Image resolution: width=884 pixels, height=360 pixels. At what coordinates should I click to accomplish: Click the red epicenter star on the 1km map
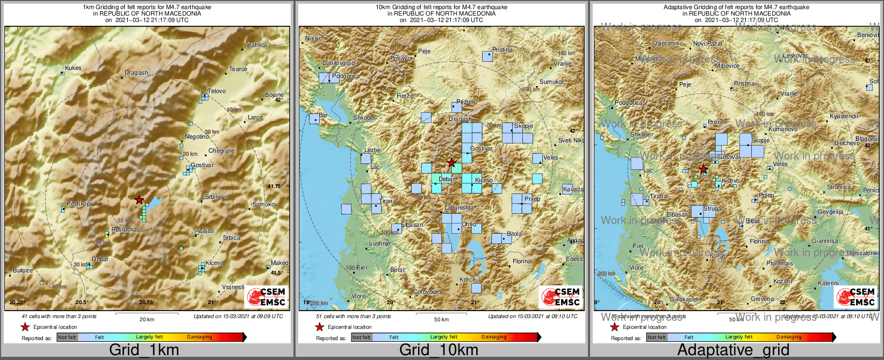point(139,200)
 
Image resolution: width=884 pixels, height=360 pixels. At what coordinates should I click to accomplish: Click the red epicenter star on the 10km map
point(452,162)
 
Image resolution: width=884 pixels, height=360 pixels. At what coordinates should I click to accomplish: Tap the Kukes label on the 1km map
point(73,68)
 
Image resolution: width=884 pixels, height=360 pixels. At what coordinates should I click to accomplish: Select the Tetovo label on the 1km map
point(217,91)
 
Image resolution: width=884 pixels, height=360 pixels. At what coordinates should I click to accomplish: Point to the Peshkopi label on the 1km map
point(79,204)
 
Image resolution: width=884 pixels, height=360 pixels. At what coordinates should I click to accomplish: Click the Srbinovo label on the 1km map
point(217,197)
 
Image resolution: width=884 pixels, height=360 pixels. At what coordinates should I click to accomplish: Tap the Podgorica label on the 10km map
point(346,76)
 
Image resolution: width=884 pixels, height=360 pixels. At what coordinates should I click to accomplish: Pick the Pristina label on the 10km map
point(502,50)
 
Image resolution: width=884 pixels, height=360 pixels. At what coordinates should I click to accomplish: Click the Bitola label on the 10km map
point(514,234)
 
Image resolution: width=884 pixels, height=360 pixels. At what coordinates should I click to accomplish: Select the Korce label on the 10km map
point(468,280)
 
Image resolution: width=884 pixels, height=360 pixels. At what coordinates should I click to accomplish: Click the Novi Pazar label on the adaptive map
point(708,44)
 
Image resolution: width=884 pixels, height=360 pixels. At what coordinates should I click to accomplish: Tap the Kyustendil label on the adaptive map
point(844,117)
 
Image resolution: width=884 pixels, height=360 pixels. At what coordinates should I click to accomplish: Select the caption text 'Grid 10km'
point(439,350)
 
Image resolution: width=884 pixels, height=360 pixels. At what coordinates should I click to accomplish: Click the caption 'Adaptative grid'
point(733,350)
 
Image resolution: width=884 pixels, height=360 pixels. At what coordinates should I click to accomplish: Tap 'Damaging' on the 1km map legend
point(199,337)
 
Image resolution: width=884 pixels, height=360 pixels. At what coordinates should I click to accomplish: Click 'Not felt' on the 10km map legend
point(361,337)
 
